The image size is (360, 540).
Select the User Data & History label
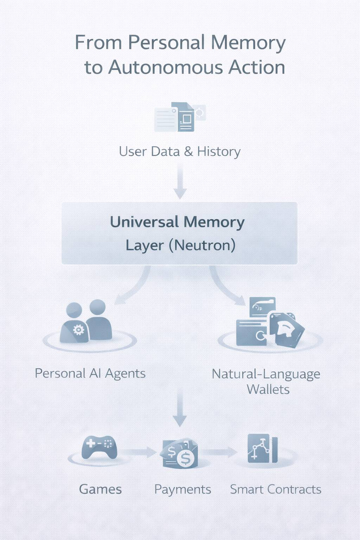click(x=180, y=152)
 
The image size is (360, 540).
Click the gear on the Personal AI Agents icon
click(x=78, y=330)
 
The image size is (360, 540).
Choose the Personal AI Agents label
click(x=90, y=373)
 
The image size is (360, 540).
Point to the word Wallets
click(x=268, y=389)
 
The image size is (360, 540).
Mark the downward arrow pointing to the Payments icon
click(x=180, y=411)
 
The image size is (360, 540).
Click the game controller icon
click(x=99, y=447)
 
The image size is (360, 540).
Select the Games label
click(x=100, y=490)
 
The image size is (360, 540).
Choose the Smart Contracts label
click(x=275, y=490)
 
